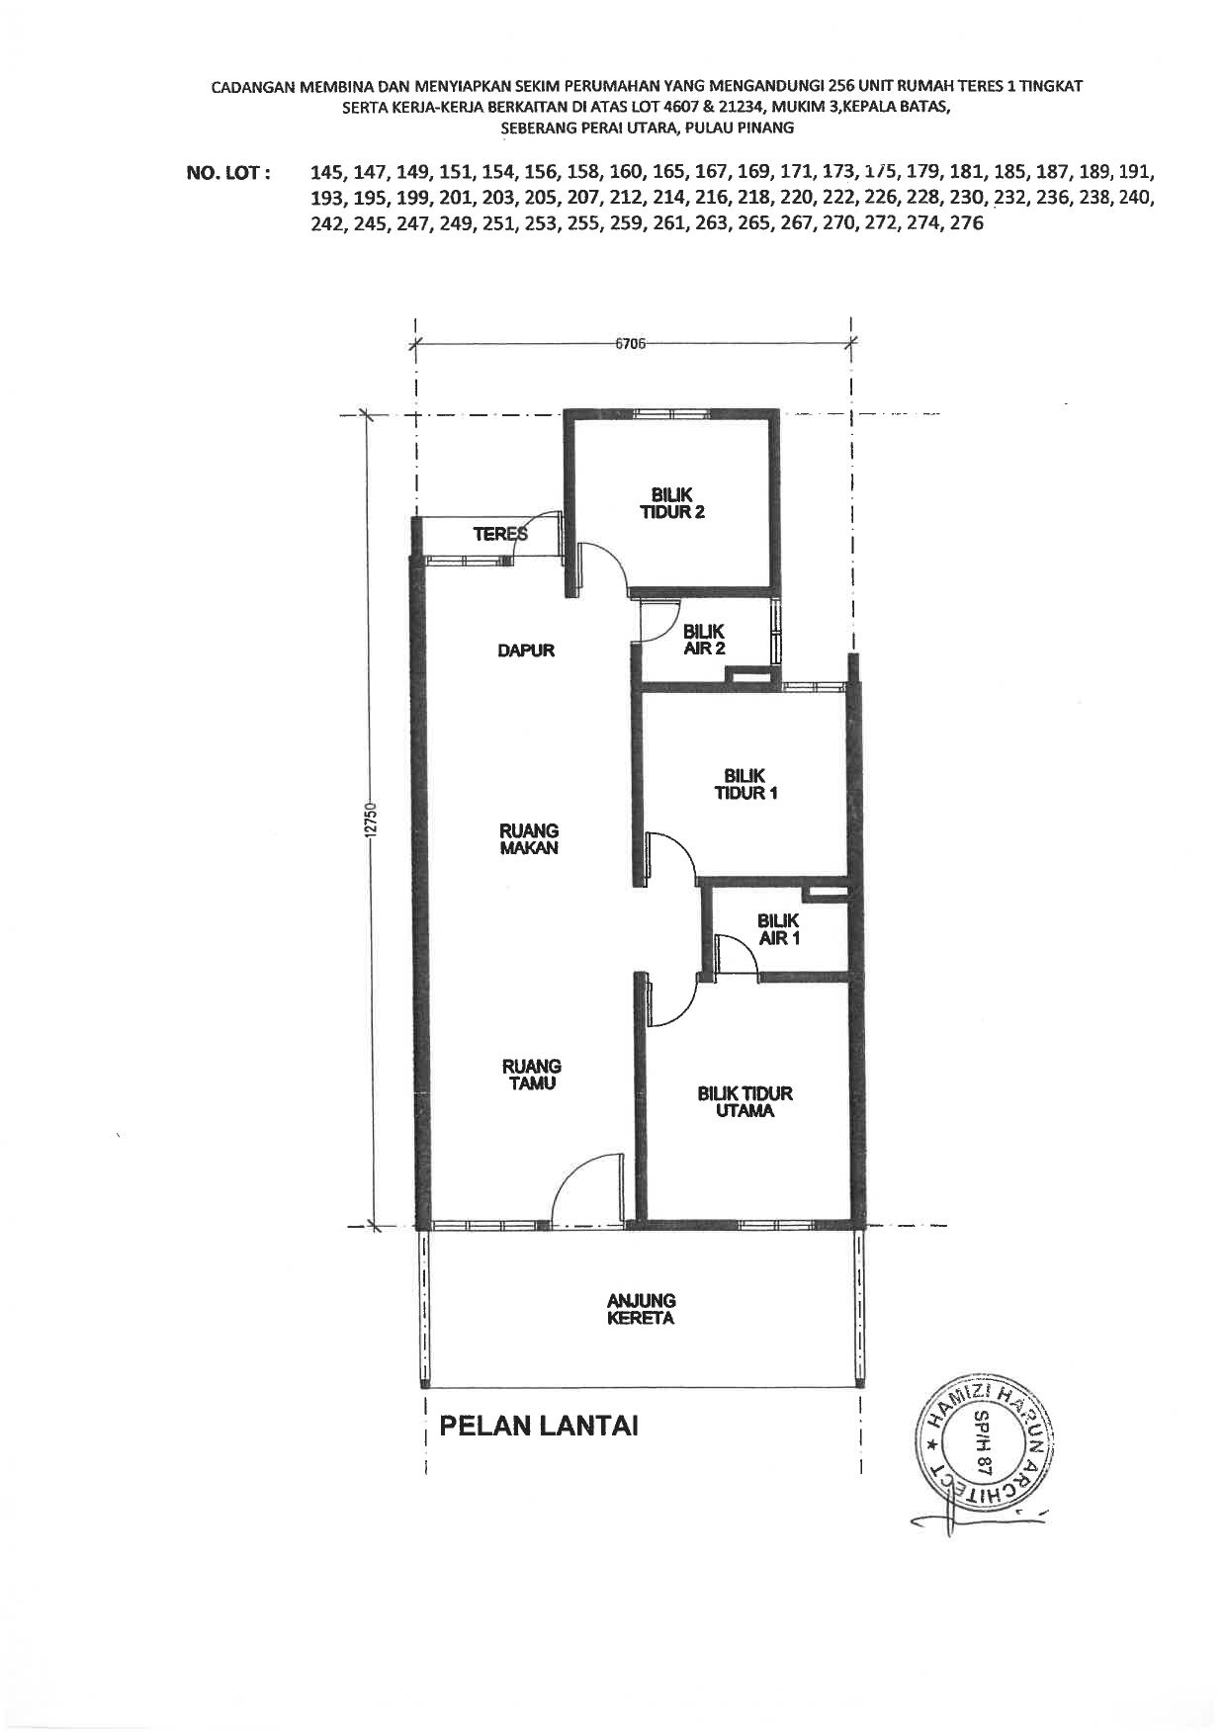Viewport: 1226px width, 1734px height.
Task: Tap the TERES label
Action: pyautogui.click(x=500, y=534)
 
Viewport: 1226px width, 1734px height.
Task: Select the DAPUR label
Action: pyautogui.click(x=526, y=650)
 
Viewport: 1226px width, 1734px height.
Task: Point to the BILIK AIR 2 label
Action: pyautogui.click(x=704, y=640)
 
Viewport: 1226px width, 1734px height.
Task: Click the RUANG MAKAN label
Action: pyautogui.click(x=530, y=839)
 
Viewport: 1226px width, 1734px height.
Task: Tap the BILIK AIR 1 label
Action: pyautogui.click(x=779, y=928)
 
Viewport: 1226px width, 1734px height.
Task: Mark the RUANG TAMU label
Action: pyautogui.click(x=531, y=1075)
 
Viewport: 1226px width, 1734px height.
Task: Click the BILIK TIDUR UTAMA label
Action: pyautogui.click(x=745, y=1102)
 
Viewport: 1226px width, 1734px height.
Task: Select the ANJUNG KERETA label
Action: pyautogui.click(x=642, y=1309)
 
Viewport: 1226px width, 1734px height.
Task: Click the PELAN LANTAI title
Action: pyautogui.click(x=539, y=1426)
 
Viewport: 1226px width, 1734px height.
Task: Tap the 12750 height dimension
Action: pyautogui.click(x=372, y=821)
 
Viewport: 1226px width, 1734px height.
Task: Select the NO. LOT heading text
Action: pyautogui.click(x=228, y=173)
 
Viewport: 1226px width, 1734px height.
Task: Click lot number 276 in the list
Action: pyautogui.click(x=966, y=223)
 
